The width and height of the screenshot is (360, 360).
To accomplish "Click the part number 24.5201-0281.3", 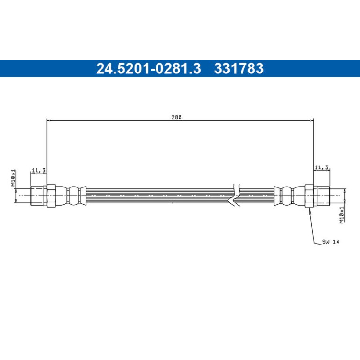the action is (x=149, y=68).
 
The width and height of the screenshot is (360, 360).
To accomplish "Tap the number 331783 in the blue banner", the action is (x=239, y=68).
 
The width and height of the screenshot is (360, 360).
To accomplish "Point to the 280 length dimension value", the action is (x=177, y=117).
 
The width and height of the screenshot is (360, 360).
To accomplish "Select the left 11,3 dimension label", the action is (x=38, y=170).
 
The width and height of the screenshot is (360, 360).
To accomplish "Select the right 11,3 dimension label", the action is (x=322, y=167).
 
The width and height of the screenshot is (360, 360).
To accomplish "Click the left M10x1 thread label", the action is (x=13, y=178).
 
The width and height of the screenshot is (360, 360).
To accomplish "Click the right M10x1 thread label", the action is (x=342, y=215).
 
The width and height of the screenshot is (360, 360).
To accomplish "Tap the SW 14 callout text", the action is (x=331, y=242).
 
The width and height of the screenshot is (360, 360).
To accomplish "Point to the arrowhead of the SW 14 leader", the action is (x=310, y=210).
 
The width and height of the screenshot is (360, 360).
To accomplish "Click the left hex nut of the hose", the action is (x=51, y=195).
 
